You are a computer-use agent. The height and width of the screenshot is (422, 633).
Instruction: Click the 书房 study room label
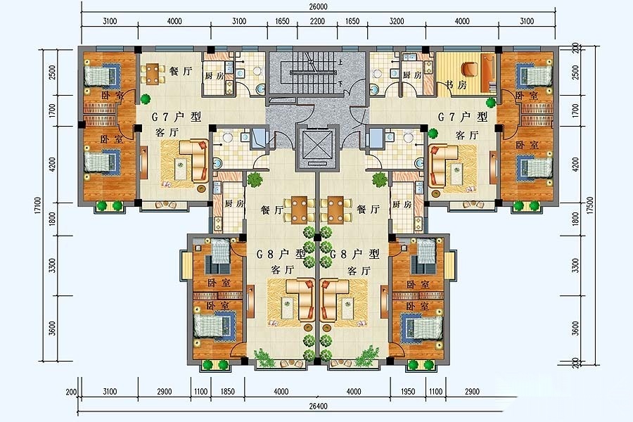[456, 85]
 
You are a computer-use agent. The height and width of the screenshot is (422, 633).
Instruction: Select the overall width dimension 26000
[318, 6]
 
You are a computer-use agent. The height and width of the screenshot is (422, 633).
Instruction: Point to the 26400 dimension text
[318, 407]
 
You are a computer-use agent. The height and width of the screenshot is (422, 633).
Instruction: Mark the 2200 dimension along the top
[317, 21]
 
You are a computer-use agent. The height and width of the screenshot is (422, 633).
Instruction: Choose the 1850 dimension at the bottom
[228, 391]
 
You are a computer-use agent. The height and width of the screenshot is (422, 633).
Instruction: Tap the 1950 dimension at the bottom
[409, 391]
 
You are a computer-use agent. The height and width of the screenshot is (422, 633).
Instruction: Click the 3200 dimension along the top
[397, 21]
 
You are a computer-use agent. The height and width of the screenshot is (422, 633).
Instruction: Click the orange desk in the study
[488, 73]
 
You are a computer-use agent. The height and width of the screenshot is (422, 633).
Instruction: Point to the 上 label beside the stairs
[340, 63]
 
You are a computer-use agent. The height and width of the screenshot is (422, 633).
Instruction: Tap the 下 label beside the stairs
[340, 84]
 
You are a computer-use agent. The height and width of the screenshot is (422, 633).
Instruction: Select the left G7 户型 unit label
[176, 117]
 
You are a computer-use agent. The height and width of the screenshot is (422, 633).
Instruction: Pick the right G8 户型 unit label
[354, 254]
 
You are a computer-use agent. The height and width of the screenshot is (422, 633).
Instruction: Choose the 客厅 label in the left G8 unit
[283, 270]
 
